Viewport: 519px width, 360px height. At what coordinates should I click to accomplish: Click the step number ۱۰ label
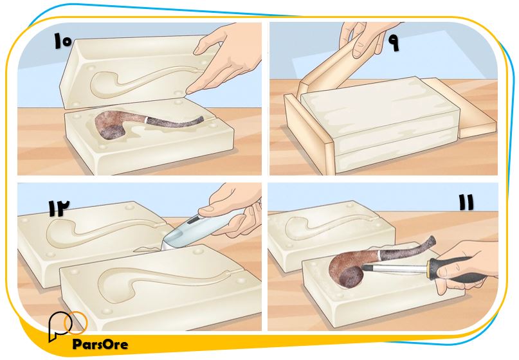pos(63,41)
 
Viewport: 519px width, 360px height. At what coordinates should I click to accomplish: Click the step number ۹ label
pos(394,42)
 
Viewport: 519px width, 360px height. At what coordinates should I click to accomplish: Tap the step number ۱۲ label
pos(59,208)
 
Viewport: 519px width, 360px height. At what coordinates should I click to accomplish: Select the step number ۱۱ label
pos(466,203)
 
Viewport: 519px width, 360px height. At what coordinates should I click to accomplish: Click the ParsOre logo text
pos(100,344)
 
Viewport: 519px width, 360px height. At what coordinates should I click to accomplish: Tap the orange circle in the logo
pos(75,322)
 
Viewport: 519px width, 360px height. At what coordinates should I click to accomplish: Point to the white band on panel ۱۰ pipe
pos(145,120)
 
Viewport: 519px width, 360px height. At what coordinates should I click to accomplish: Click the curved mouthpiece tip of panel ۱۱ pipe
pos(432,240)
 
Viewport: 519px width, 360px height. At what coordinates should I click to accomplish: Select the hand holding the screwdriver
pos(467,265)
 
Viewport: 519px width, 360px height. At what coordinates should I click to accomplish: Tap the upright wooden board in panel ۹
pos(309,134)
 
